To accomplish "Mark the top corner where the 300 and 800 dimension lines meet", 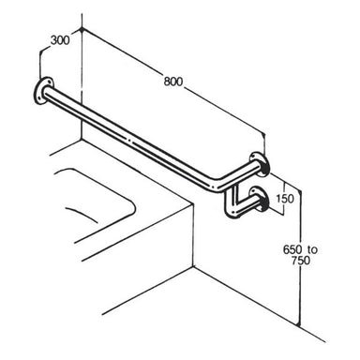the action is pyautogui.click(x=83, y=29).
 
